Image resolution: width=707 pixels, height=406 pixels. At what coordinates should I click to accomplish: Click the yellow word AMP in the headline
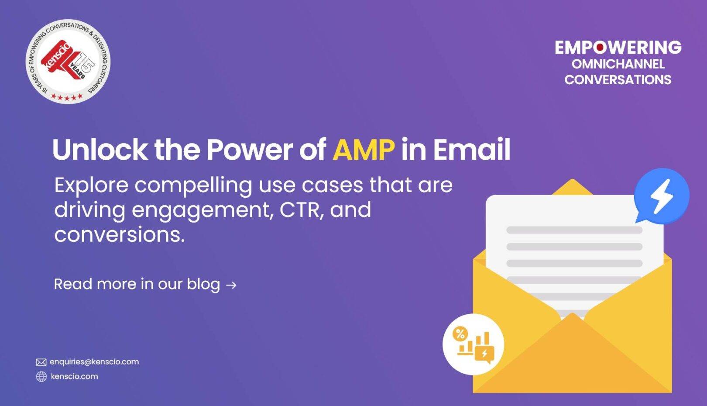pyautogui.click(x=364, y=149)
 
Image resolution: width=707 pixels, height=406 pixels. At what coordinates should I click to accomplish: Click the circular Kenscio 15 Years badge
pyautogui.click(x=68, y=61)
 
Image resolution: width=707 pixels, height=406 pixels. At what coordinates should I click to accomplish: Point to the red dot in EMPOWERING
pyautogui.click(x=601, y=48)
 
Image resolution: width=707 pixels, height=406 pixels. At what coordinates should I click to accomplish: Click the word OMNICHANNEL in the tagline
pyautogui.click(x=618, y=64)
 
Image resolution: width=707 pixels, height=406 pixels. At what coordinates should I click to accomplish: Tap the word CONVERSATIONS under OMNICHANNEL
pyautogui.click(x=618, y=79)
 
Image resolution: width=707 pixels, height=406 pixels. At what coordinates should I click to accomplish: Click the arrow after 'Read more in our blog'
pyautogui.click(x=231, y=285)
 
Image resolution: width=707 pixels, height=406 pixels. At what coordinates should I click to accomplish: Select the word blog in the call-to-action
pyautogui.click(x=203, y=284)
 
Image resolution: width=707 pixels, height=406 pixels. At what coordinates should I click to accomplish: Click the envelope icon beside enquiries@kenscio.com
pyautogui.click(x=41, y=362)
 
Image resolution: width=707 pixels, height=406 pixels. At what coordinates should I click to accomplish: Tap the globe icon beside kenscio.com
pyautogui.click(x=41, y=377)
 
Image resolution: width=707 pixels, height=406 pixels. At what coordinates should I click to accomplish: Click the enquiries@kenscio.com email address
pyautogui.click(x=94, y=362)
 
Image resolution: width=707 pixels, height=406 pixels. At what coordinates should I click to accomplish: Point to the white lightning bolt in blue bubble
pyautogui.click(x=662, y=196)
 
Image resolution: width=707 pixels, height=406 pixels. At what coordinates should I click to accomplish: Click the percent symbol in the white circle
pyautogui.click(x=460, y=334)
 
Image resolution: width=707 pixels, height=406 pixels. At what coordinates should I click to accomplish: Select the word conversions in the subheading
pyautogui.click(x=119, y=235)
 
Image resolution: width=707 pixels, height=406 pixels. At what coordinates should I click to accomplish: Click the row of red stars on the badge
pyautogui.click(x=67, y=96)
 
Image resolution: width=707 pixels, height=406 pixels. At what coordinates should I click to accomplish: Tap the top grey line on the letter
pyautogui.click(x=574, y=230)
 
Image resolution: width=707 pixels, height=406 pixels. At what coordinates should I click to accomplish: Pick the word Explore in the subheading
pyautogui.click(x=92, y=186)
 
